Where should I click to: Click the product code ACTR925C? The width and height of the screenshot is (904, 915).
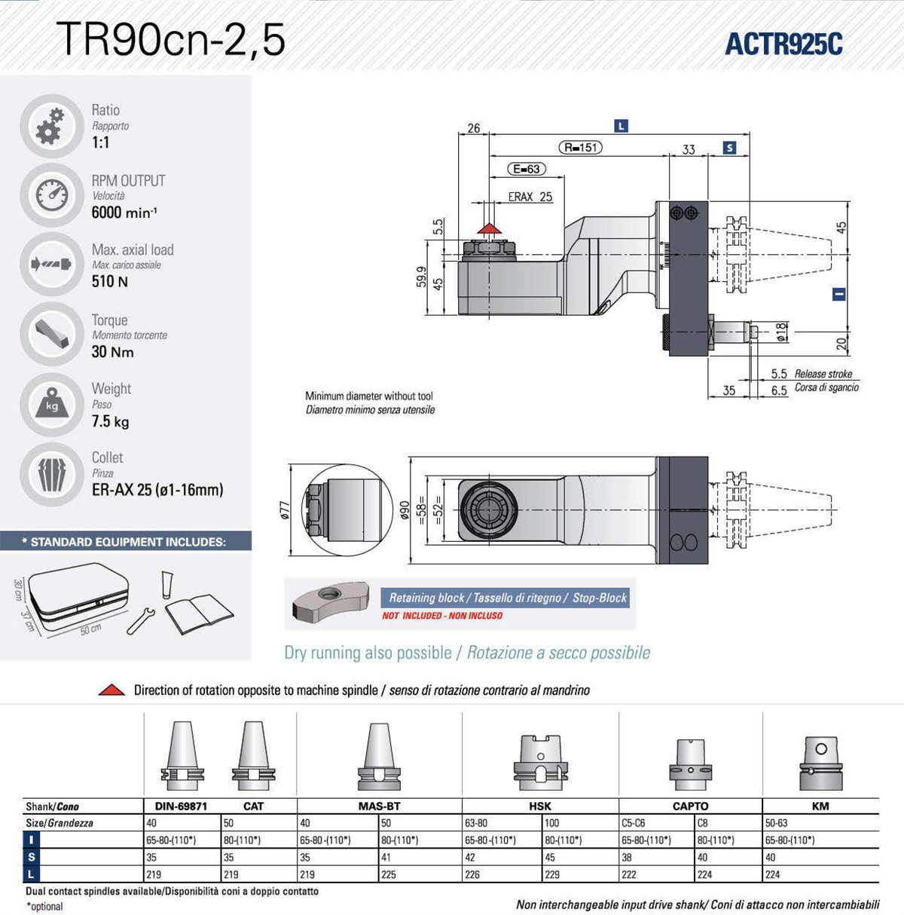(783, 44)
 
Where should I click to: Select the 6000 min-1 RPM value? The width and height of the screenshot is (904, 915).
(124, 213)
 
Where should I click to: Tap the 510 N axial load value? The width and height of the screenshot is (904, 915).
(110, 281)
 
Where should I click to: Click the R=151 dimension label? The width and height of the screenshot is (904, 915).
(581, 148)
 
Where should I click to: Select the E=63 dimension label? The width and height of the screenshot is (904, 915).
(526, 169)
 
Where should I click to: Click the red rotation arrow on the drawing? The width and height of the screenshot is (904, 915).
(490, 227)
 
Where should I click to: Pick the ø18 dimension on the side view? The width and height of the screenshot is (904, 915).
(782, 332)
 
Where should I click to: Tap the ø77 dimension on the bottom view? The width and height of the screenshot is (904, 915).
(285, 510)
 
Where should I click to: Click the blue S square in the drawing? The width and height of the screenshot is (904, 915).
(729, 148)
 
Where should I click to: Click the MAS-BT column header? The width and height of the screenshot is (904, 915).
(379, 806)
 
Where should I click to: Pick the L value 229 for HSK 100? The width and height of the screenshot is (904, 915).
(553, 874)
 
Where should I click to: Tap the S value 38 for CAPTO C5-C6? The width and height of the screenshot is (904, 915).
(629, 857)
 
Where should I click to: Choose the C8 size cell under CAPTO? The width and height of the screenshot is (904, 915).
(703, 823)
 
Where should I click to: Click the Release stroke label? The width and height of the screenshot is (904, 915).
(823, 374)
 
